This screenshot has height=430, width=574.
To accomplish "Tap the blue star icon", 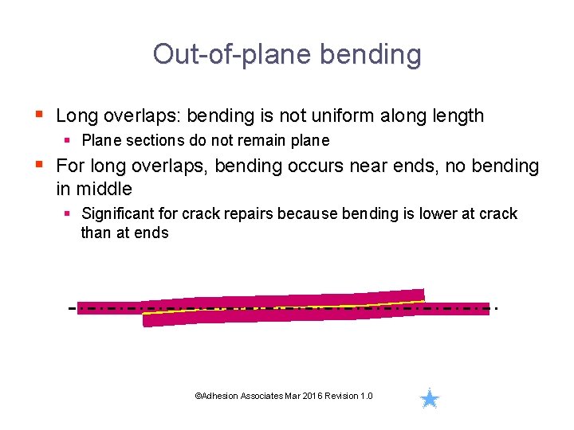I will [430, 399].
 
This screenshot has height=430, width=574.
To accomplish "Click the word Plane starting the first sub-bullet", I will [100, 140].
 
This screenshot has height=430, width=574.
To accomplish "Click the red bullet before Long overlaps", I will [40, 115].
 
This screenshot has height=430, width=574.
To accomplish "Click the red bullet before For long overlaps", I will [40, 166].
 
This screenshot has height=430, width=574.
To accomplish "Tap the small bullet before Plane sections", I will [69, 140].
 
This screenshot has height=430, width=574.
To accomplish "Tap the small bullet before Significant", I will [69, 213].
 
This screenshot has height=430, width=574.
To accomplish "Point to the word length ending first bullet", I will [455, 115].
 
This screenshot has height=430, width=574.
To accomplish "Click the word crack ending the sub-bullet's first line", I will [498, 213].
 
